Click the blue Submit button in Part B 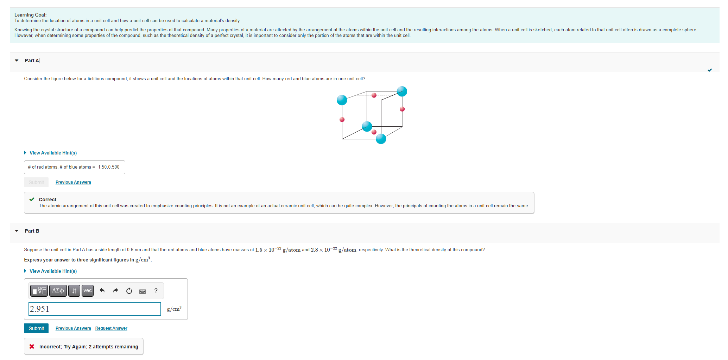[36, 328]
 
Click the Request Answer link [111, 328]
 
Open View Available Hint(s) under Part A [53, 153]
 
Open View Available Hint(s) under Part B [53, 271]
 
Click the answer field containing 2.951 [94, 309]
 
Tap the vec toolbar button [88, 291]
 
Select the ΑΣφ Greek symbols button [58, 291]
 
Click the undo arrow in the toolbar [102, 291]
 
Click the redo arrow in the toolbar [115, 291]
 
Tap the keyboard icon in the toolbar [143, 291]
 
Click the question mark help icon [156, 291]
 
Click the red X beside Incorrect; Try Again [32, 347]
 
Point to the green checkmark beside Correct [32, 200]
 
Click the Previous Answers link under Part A [73, 182]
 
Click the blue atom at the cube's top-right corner [402, 91]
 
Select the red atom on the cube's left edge [342, 120]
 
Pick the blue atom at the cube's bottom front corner [381, 139]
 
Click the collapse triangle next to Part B [17, 231]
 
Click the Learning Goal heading [30, 15]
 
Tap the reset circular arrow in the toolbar [129, 291]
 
